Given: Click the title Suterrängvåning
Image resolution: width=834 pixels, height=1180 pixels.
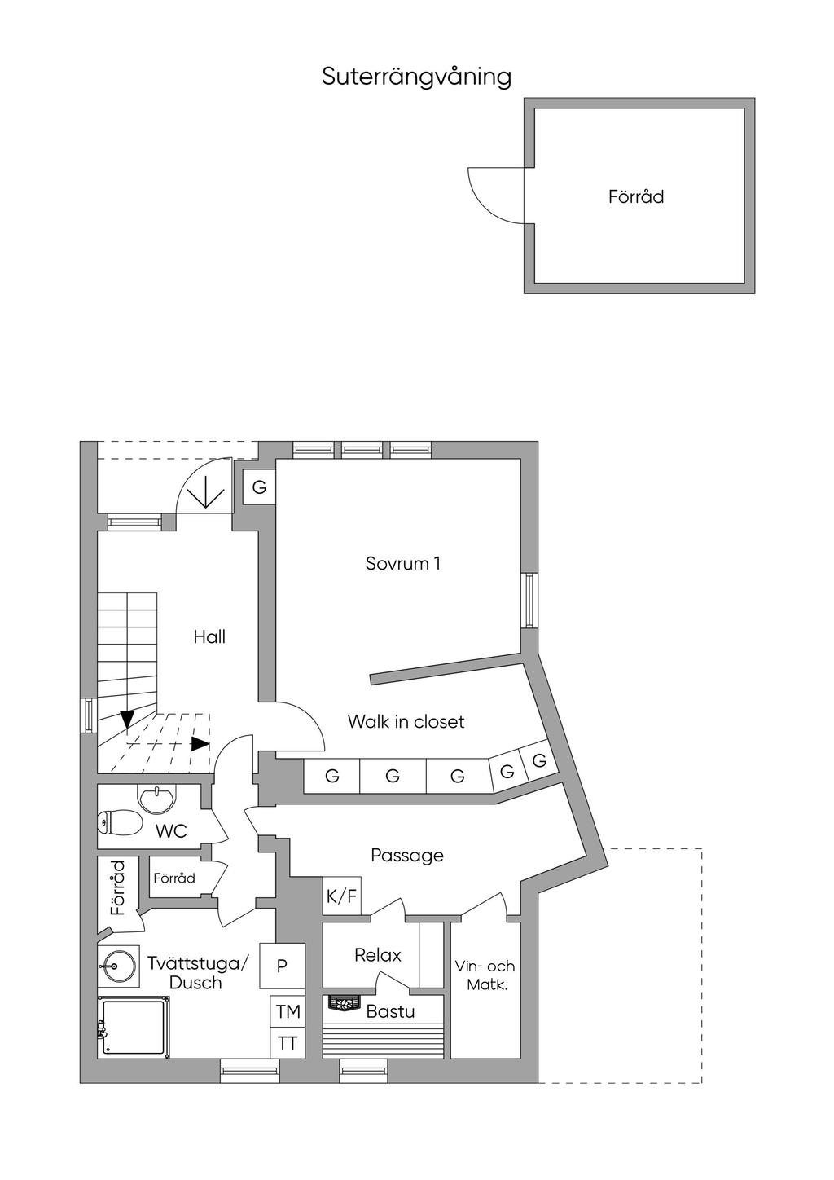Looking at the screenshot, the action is point(416,77).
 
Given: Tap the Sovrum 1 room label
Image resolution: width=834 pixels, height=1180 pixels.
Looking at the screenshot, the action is point(403,564).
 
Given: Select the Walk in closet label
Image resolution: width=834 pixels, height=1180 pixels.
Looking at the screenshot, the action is point(406,721).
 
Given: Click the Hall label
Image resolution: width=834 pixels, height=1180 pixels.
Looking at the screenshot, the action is point(209,637).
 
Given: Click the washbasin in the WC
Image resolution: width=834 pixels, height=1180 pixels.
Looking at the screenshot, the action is point(156,799).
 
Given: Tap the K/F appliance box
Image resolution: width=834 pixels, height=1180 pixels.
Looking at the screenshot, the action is point(342,896).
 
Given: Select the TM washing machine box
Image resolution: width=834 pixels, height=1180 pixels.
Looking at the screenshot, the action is point(288,1010).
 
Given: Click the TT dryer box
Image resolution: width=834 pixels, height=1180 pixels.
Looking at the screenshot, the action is point(288,1043).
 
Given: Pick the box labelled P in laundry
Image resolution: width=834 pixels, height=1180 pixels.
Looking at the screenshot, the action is point(283,966).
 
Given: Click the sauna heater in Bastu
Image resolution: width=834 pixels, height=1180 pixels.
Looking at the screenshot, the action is point(345,1003).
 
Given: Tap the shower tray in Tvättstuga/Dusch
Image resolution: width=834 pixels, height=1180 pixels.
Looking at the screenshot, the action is point(134,1027).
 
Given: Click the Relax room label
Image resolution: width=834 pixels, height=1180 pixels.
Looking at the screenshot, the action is point(378,954).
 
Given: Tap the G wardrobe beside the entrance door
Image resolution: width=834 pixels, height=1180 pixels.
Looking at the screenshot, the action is point(259,487).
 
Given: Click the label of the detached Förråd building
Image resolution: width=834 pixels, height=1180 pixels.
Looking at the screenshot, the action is point(636,196).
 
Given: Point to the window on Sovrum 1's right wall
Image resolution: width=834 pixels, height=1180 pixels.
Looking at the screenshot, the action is point(529,601).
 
